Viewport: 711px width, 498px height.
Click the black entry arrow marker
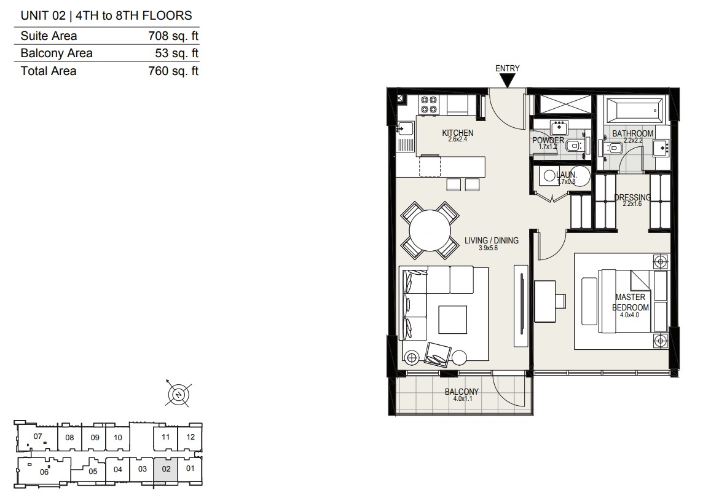click(x=508, y=81)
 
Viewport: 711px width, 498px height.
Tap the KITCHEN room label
click(x=458, y=133)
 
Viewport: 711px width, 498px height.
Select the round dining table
click(x=430, y=231)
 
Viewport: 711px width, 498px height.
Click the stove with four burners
click(x=429, y=105)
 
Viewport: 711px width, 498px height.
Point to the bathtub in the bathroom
click(x=634, y=110)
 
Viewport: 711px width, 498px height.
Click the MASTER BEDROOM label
click(x=630, y=302)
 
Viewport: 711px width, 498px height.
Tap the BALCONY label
click(x=462, y=392)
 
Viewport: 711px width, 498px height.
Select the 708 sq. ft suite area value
click(x=173, y=36)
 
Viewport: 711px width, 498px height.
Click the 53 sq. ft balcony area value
click(x=177, y=53)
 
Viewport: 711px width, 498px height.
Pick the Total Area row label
click(x=49, y=71)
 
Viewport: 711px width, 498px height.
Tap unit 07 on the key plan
click(x=37, y=437)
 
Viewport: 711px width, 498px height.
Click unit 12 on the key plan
click(x=191, y=437)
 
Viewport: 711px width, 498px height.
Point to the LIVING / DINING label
click(x=492, y=240)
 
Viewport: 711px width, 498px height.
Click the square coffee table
click(x=453, y=319)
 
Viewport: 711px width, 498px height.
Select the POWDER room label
click(x=548, y=140)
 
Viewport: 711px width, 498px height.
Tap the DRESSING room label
click(x=632, y=197)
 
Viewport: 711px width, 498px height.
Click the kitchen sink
click(x=406, y=129)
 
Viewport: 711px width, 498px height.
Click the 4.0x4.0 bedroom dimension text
click(x=629, y=315)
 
